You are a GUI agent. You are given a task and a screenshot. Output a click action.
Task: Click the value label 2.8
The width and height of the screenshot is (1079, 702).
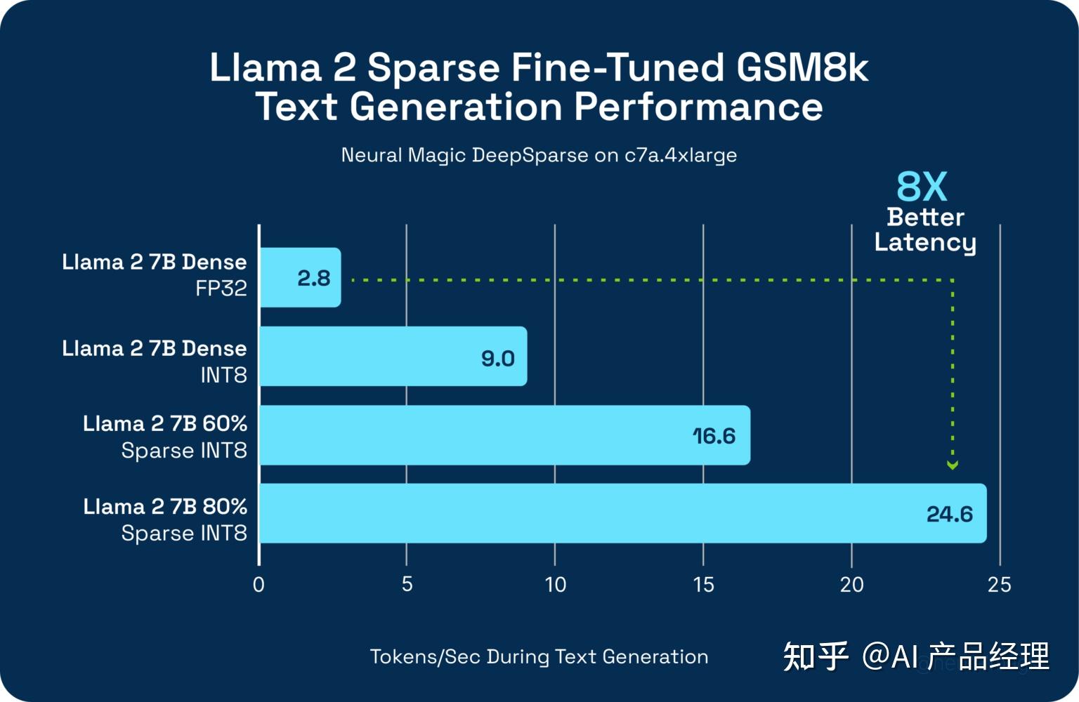click(x=313, y=279)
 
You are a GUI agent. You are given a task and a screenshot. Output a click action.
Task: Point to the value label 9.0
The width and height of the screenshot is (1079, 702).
click(x=498, y=359)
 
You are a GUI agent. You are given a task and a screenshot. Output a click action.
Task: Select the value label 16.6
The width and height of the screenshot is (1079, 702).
click(x=714, y=437)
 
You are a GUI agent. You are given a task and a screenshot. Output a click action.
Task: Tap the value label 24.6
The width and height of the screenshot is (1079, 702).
click(x=949, y=515)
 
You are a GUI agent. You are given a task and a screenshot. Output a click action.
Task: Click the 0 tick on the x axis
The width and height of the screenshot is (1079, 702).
click(x=259, y=585)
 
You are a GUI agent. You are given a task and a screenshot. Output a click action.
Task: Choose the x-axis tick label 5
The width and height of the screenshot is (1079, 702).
click(x=407, y=585)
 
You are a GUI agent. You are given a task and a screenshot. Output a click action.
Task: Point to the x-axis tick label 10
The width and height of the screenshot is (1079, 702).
click(x=555, y=585)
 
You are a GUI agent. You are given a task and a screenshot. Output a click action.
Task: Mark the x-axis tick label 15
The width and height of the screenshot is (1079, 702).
click(x=703, y=585)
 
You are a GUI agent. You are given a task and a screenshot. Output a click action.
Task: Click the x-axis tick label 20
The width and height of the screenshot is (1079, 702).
click(x=851, y=585)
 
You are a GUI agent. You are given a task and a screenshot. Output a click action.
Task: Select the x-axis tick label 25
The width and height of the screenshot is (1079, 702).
click(x=999, y=585)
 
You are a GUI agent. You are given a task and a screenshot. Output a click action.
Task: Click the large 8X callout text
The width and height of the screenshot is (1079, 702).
click(x=922, y=187)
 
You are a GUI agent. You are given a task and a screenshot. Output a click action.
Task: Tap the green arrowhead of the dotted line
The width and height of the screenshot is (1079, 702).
click(x=953, y=465)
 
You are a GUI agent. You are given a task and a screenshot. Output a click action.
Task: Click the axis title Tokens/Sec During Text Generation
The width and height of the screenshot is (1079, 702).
click(x=539, y=657)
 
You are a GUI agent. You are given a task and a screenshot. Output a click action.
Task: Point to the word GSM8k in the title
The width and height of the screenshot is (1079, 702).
click(x=802, y=68)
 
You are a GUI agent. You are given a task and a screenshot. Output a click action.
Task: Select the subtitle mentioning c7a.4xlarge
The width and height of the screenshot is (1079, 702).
click(x=539, y=155)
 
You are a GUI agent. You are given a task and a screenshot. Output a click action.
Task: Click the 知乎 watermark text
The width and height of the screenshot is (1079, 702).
click(x=815, y=657)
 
